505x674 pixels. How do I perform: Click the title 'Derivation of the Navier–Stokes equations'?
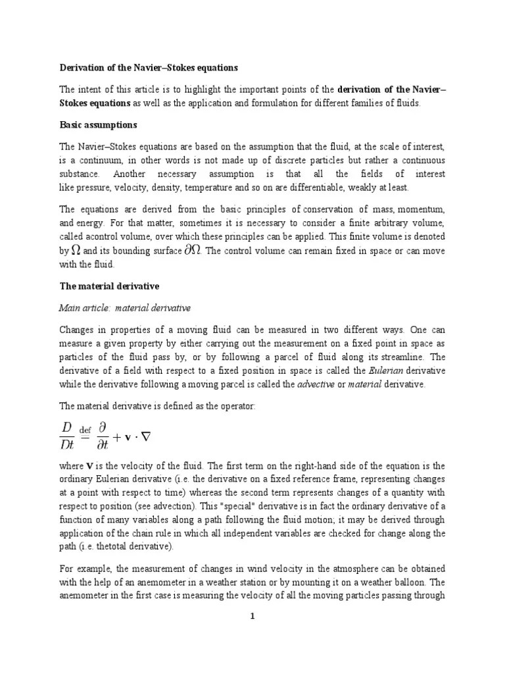point(149,68)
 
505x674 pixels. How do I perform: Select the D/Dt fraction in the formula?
point(66,435)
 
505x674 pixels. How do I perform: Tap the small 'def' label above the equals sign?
point(85,430)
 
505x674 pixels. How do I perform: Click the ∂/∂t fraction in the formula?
point(103,435)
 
